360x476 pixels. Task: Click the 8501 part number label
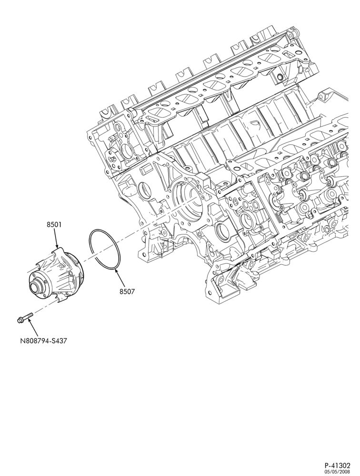click(x=54, y=225)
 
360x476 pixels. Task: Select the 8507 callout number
click(x=127, y=291)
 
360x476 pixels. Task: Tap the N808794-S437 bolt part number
click(x=43, y=341)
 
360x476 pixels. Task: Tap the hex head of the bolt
click(x=20, y=320)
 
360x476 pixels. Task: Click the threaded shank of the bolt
click(x=27, y=317)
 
